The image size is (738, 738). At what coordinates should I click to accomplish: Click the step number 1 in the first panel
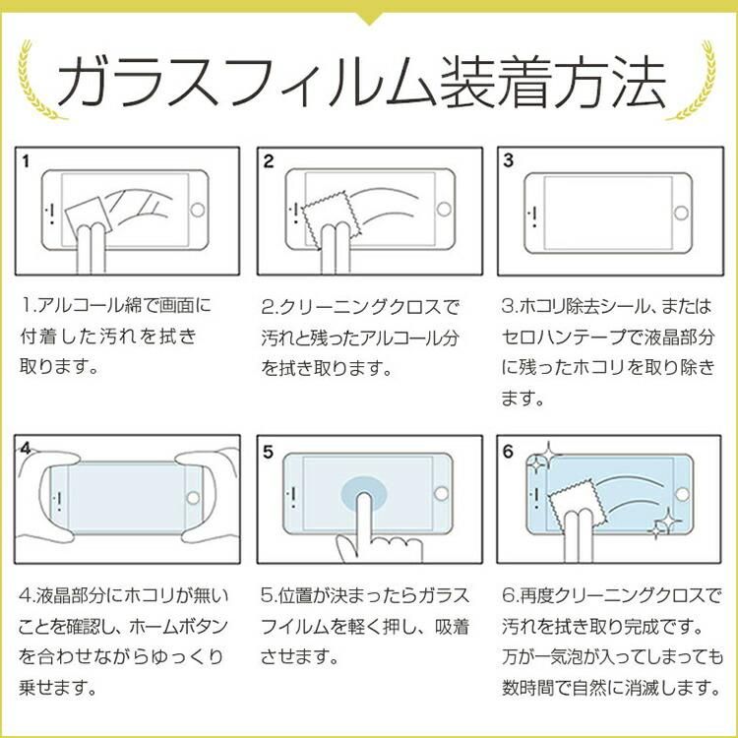tap(26, 161)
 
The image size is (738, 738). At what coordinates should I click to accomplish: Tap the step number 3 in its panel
tap(509, 160)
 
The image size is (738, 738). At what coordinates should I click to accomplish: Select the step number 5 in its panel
tap(268, 452)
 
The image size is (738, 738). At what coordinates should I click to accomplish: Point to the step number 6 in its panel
tap(508, 452)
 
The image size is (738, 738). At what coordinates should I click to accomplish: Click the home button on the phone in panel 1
tap(197, 210)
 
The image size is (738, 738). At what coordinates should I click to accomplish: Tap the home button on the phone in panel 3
tap(681, 213)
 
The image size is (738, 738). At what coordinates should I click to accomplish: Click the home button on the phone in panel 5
tap(442, 494)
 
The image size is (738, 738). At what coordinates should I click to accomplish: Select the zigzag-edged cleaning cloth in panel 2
tap(331, 217)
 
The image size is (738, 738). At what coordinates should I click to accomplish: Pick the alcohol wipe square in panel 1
tap(88, 217)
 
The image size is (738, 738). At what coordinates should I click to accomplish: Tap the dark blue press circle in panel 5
tap(364, 494)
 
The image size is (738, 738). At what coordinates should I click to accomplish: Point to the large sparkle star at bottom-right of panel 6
tap(664, 523)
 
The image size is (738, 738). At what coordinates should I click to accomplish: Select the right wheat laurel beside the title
tap(696, 80)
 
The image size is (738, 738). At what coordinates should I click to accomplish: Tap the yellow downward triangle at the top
tap(369, 18)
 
